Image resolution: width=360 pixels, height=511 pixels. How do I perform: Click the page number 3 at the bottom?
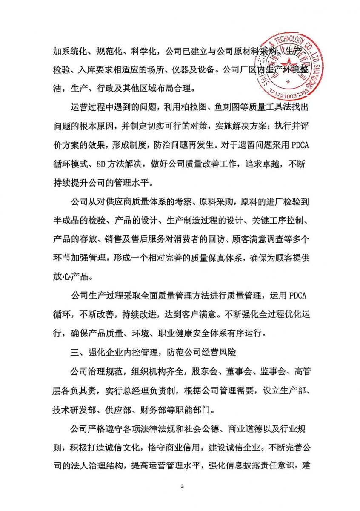pyautogui.click(x=182, y=486)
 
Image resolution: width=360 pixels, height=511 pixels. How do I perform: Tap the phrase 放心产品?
pyautogui.click(x=70, y=277)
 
